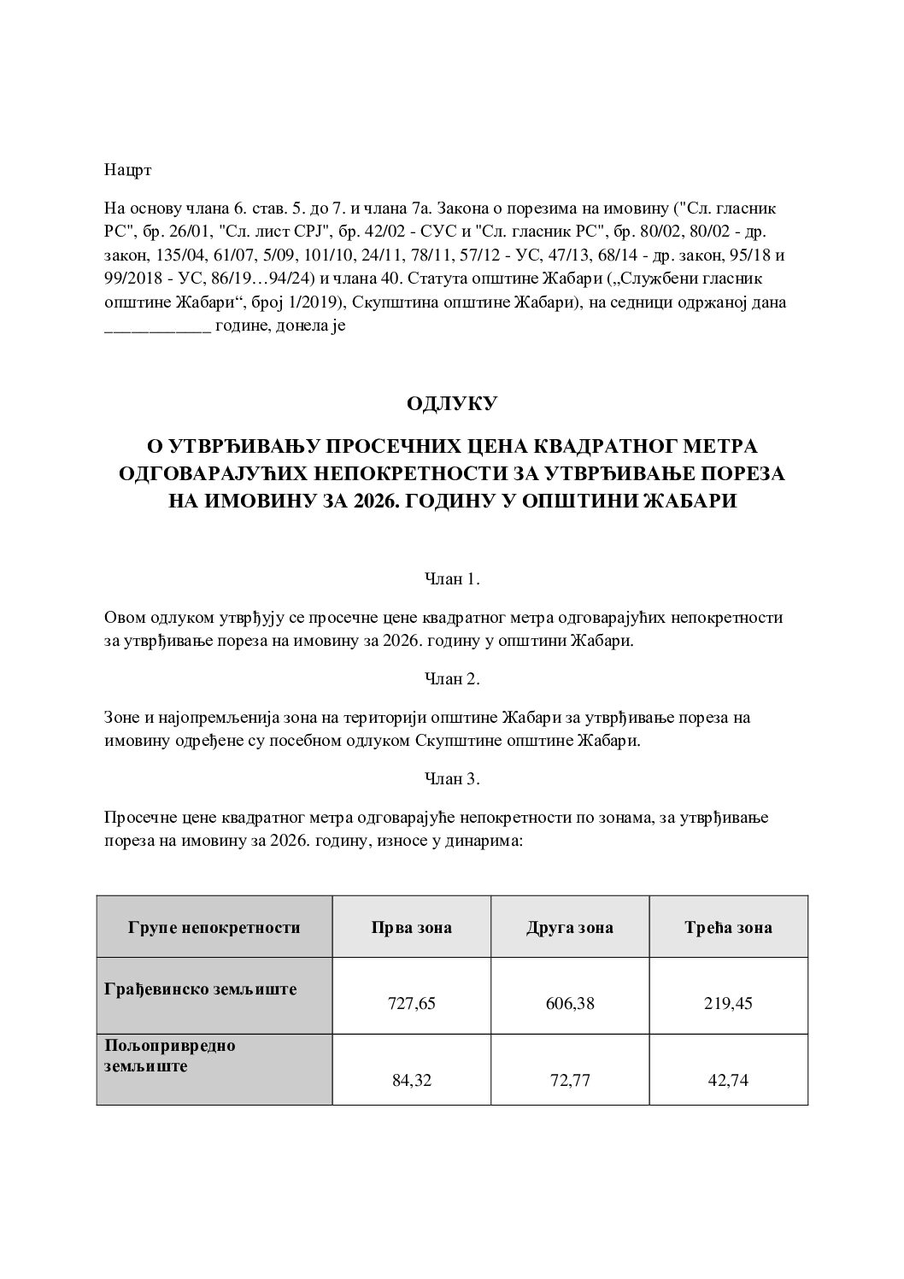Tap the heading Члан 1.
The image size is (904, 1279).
(452, 579)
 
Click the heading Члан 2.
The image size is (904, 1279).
(452, 679)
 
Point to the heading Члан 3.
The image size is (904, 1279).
(452, 779)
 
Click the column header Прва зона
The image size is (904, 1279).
(411, 927)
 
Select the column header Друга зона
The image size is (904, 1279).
(569, 927)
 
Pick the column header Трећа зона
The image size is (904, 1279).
(728, 927)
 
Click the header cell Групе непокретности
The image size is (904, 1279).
(214, 927)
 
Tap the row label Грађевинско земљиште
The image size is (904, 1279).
(201, 989)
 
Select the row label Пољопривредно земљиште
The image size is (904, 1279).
(170, 1056)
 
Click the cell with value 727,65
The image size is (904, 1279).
(412, 1004)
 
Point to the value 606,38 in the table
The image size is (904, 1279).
(570, 1004)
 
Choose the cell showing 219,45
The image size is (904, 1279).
(729, 1004)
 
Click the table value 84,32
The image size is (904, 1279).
(412, 1080)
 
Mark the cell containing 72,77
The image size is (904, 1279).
(570, 1080)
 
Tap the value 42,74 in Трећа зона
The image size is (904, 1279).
(729, 1080)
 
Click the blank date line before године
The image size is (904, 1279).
(157, 326)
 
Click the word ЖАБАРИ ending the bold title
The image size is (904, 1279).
(693, 502)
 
